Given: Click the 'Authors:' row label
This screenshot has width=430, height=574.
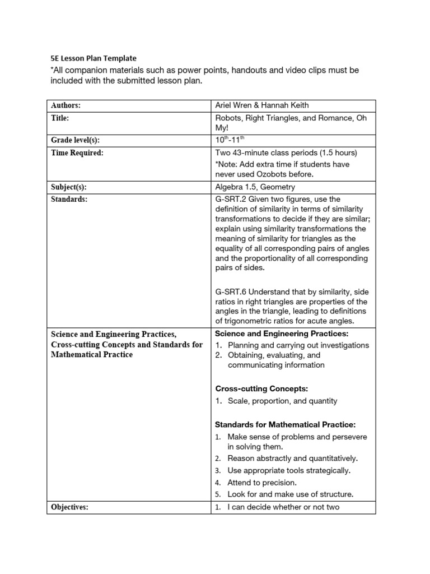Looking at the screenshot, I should tap(66, 105).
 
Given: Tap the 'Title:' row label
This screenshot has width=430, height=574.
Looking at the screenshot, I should tap(60, 118).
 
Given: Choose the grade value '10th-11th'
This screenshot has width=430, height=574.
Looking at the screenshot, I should tap(231, 140).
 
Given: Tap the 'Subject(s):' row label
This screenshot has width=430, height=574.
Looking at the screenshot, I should tap(69, 187).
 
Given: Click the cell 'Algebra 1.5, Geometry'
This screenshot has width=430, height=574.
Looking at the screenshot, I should tap(255, 187).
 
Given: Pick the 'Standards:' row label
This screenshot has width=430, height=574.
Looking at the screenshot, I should tap(69, 200).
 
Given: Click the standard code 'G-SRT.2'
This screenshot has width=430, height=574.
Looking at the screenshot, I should tap(231, 200).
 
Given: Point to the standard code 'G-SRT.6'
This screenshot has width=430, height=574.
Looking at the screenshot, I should tap(231, 291).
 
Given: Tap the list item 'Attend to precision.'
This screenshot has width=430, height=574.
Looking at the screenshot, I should tap(261, 483).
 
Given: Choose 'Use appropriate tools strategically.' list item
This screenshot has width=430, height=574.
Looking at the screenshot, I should tap(289, 471).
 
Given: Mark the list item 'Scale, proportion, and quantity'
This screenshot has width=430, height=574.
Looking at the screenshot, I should tap(282, 401).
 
